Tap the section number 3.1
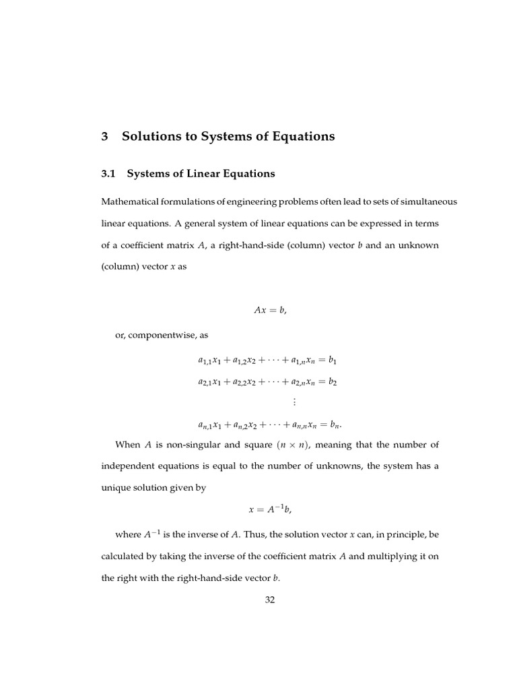point(108,174)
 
